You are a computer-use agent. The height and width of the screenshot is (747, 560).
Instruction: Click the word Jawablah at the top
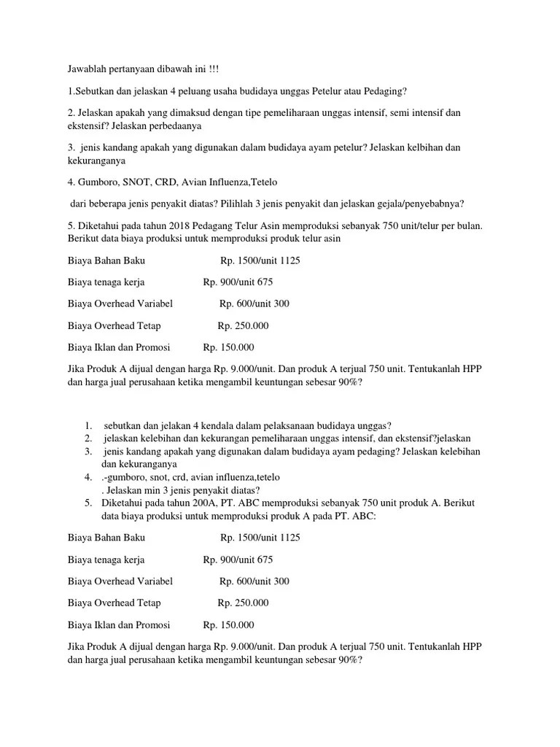pos(87,69)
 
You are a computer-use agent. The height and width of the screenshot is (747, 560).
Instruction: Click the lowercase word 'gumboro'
pos(130,477)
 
